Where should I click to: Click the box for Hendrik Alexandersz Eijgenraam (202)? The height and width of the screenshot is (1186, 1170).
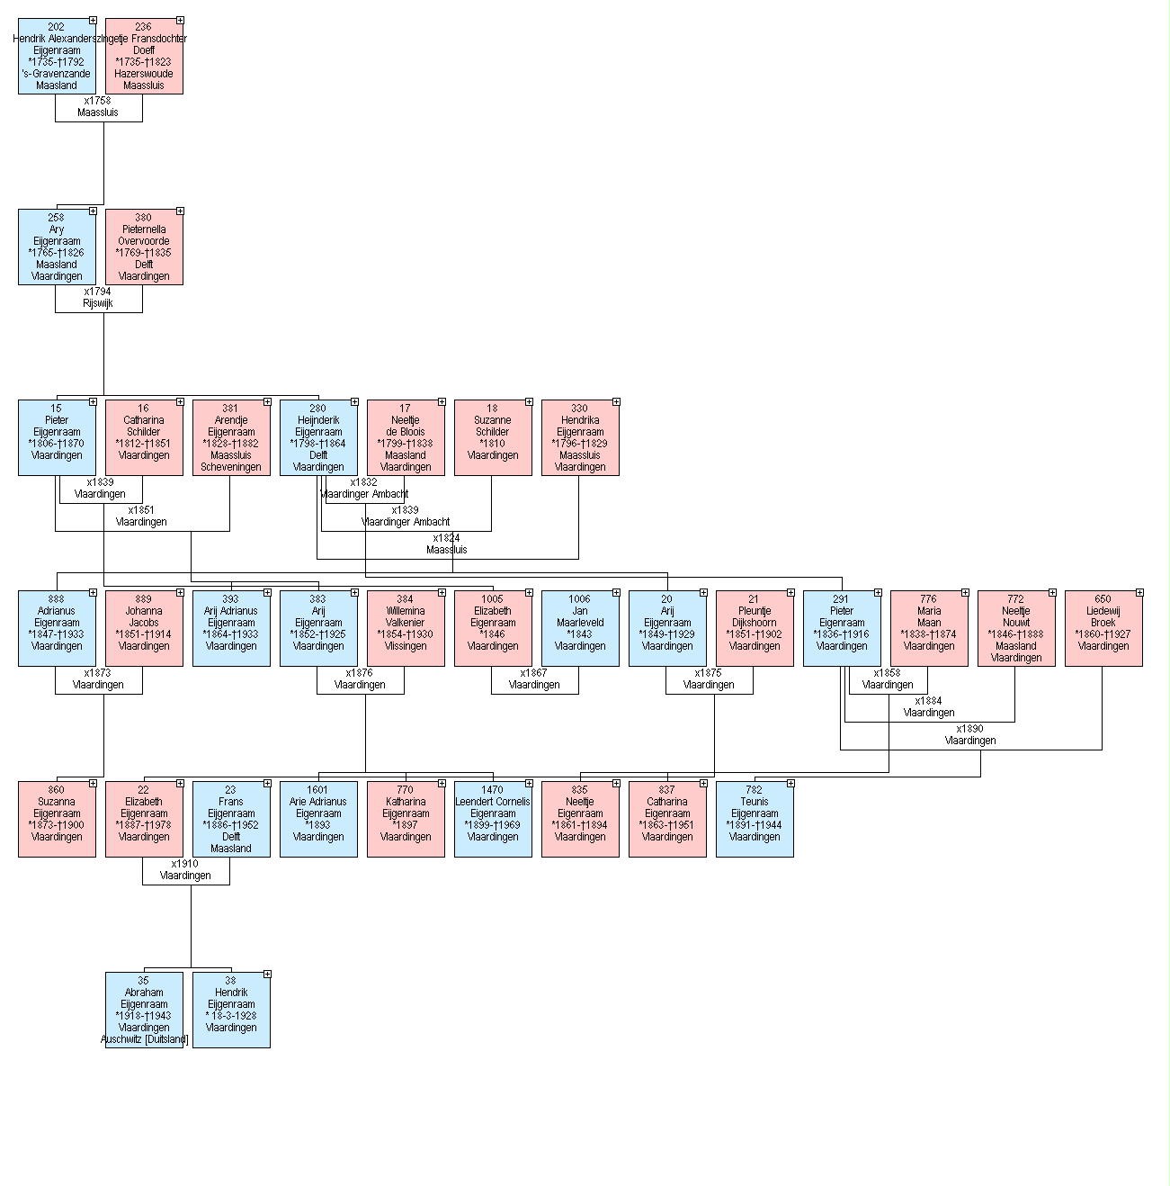57,56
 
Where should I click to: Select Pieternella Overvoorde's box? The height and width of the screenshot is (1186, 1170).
144,247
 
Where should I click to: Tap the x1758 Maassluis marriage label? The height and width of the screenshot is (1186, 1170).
98,107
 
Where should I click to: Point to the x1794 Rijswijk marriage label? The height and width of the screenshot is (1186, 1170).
98,298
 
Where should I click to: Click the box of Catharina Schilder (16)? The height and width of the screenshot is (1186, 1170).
144,437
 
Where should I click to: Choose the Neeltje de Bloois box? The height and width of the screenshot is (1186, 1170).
406,437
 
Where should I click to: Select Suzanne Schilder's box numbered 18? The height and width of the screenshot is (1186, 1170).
493,437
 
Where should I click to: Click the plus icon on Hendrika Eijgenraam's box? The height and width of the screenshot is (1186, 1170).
616,402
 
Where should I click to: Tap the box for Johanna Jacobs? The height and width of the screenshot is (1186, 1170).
144,628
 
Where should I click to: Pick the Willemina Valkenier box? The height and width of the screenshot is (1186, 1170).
406,628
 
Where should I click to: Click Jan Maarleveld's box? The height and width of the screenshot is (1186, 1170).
580,628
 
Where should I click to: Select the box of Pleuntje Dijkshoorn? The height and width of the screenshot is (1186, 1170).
755,628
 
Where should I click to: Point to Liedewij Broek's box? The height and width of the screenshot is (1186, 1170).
1103,628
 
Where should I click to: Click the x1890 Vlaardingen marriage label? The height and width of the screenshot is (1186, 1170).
970,735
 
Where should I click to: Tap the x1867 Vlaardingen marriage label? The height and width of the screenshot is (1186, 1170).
534,679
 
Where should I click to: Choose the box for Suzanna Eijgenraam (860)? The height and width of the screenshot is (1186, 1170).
57,819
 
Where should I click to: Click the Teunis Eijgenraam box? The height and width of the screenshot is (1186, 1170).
755,819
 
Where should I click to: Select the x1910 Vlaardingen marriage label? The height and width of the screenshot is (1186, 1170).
185,870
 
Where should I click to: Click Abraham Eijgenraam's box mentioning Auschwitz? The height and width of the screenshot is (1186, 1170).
144,1010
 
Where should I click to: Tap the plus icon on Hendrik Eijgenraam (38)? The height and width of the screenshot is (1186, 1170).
267,975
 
